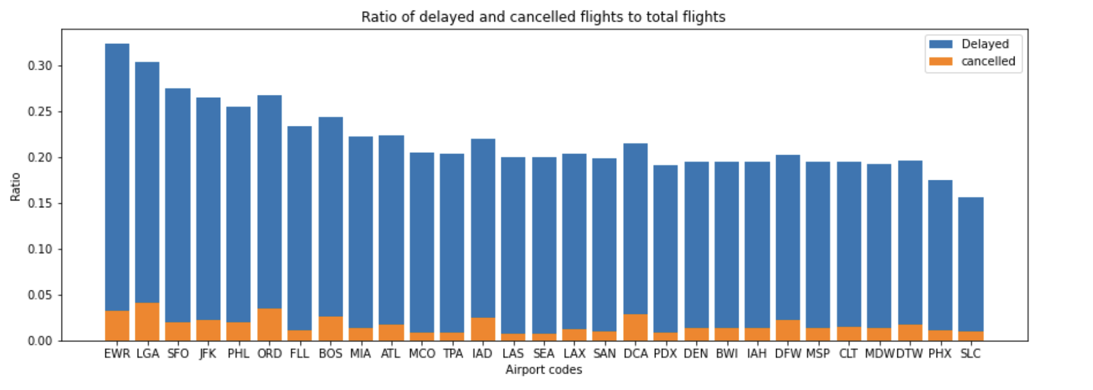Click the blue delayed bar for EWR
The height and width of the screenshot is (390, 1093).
[117, 176]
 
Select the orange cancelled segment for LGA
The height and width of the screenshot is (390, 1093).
[147, 322]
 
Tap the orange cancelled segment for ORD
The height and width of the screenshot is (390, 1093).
[269, 325]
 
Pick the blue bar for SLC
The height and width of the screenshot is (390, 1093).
[971, 264]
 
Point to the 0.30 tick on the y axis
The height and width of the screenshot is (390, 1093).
[40, 66]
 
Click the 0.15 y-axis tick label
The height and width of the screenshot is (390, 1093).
[40, 203]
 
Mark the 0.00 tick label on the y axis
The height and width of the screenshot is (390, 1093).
[40, 341]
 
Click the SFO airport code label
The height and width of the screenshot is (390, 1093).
[178, 354]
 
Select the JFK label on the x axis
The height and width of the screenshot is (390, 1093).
[208, 354]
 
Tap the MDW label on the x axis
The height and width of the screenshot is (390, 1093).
[879, 354]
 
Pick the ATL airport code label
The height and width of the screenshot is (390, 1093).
[391, 354]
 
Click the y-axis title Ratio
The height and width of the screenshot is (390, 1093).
[15, 186]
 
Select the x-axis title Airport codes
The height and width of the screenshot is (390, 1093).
[544, 370]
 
